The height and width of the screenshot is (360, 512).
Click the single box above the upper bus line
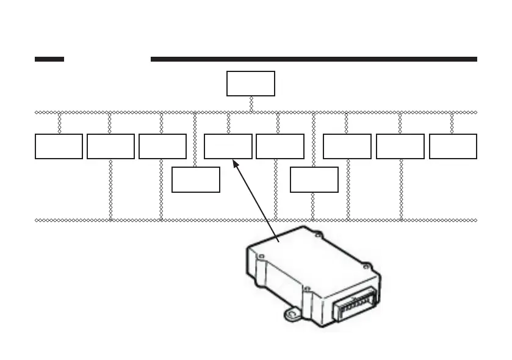pos(251,84)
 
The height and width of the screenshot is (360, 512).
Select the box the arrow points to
pos(228,146)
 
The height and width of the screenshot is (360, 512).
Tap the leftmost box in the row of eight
pos(59,146)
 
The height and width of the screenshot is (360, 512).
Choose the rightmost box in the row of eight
pos(453,146)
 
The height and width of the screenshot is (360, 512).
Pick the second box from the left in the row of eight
pos(110,146)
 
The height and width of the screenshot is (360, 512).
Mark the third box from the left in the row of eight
pos(162,146)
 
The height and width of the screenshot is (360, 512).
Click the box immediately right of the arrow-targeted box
pos(280,146)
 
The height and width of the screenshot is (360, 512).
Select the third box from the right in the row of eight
pos(347,146)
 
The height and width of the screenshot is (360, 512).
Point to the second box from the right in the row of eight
pos(400,146)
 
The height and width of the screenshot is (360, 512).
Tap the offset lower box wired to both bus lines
pos(314,179)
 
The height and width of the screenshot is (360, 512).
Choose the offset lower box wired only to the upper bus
pos(196,179)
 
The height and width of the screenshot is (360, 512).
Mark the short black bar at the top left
pos(49,59)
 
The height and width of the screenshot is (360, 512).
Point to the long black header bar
pos(313,59)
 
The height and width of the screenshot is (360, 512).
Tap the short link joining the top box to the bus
pos(251,104)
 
